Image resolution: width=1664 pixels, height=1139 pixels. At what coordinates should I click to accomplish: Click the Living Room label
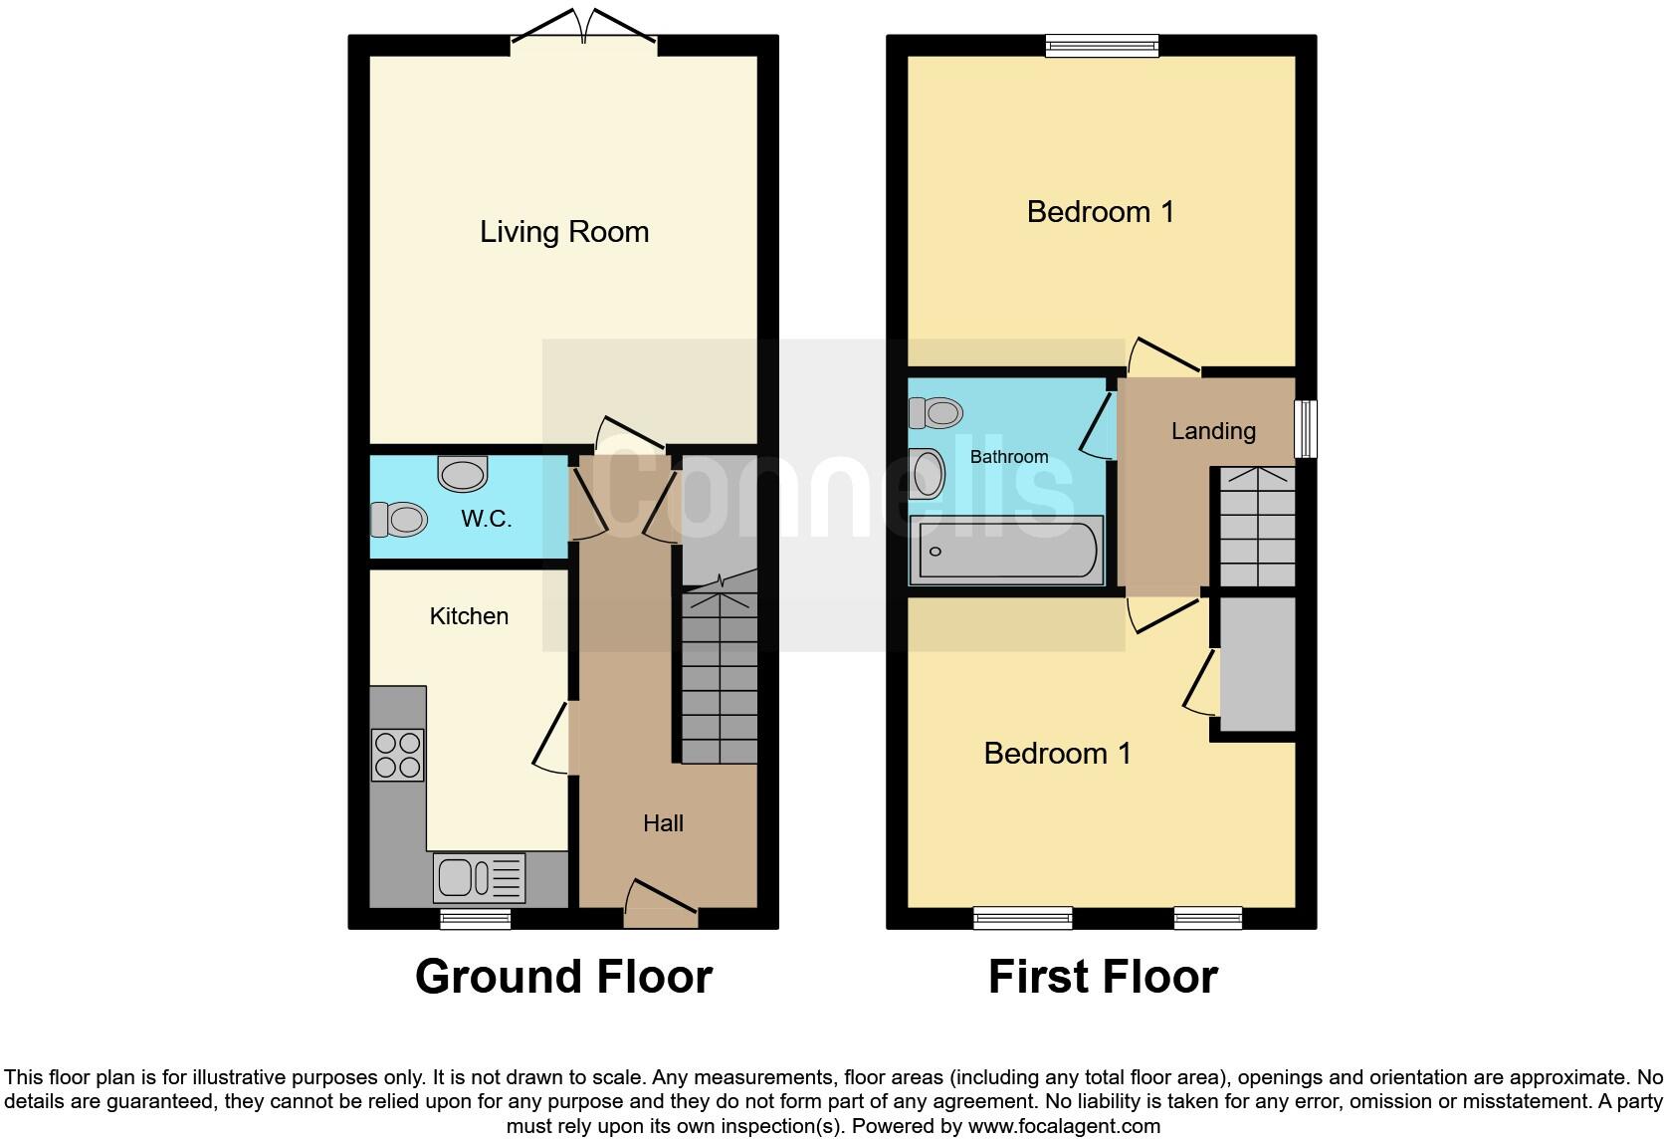(x=564, y=232)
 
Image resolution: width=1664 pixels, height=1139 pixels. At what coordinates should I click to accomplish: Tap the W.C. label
(x=486, y=519)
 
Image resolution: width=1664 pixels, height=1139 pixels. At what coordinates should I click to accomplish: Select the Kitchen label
(x=469, y=616)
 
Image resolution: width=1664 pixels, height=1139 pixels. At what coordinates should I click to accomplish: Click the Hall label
(x=663, y=823)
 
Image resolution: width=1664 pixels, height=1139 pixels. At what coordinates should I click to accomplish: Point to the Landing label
(x=1213, y=431)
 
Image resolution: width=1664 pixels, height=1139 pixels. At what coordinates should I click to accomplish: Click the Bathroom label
(x=1009, y=457)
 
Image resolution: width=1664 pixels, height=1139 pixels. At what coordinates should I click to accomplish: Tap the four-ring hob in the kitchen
(x=397, y=755)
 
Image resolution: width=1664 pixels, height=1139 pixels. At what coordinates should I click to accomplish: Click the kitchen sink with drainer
(x=479, y=877)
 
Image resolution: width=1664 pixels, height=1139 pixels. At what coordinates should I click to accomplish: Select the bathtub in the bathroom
(x=1007, y=551)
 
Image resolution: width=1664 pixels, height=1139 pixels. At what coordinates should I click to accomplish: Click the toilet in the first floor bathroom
(x=936, y=411)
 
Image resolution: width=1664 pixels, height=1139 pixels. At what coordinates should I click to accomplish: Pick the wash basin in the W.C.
(x=463, y=474)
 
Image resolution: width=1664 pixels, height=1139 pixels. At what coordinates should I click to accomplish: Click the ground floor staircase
(x=719, y=677)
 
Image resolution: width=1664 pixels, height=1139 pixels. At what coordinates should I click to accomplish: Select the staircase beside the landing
(x=1257, y=528)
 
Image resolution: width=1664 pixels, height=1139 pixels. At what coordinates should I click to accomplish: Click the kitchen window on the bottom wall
(x=476, y=918)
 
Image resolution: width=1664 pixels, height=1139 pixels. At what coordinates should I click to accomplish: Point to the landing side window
(x=1305, y=429)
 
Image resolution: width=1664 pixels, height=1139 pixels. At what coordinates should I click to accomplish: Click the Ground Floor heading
(x=563, y=977)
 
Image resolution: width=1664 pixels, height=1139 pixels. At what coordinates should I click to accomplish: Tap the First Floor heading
(x=1103, y=977)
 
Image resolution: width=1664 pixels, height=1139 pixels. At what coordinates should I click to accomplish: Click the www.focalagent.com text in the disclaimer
(x=1064, y=1126)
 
